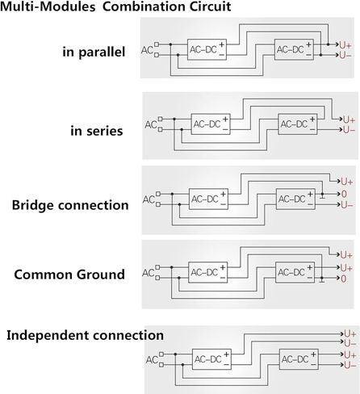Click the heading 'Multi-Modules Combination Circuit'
coord(115,6)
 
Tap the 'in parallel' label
coord(94,52)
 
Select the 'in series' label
coord(97,131)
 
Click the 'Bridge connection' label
coord(70,205)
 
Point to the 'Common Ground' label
coord(69,275)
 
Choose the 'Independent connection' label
coord(85,335)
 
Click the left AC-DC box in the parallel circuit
coord(207,49)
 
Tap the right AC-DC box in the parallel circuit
coord(294,49)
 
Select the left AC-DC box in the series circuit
coord(211,124)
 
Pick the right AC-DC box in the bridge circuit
coord(295,199)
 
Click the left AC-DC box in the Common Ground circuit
coord(207,273)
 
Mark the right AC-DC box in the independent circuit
coord(299,359)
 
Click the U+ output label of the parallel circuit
coord(345,45)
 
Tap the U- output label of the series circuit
coord(350,130)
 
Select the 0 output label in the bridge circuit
coord(344,194)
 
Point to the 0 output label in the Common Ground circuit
coord(344,279)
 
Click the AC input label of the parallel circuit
coord(147,50)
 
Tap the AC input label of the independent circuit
coord(152,360)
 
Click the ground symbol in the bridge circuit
coord(323,196)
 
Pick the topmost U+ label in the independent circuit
coord(350,334)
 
